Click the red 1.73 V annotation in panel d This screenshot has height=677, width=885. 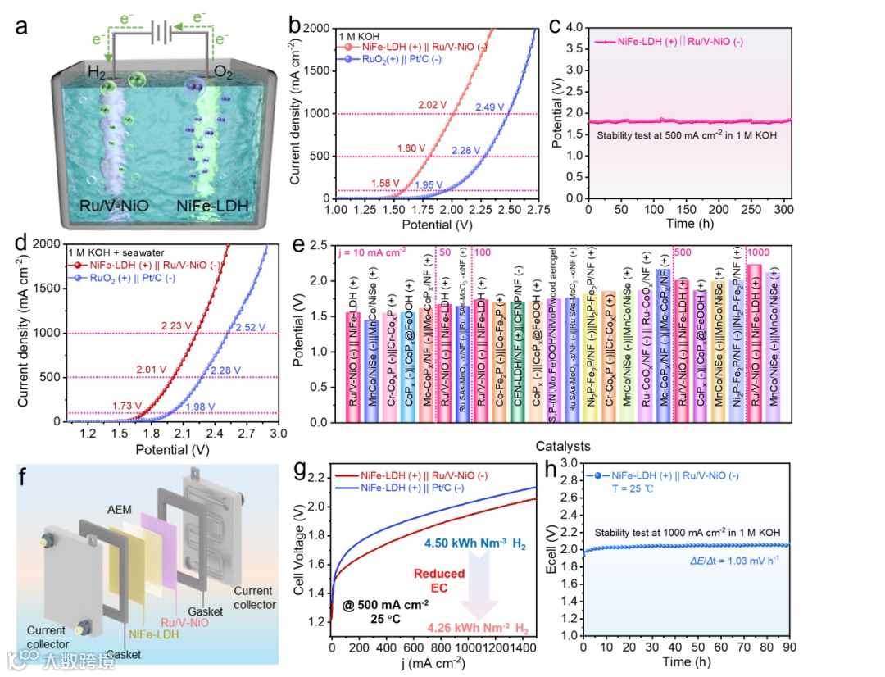point(127,405)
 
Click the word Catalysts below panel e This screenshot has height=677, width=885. point(560,447)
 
